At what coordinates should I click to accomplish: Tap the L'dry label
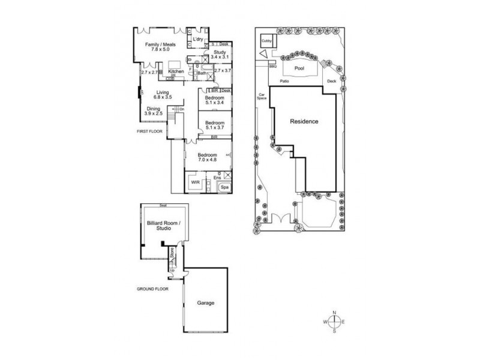pos(199,40)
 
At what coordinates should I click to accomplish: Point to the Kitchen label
pos(176,71)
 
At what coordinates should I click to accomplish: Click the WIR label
pos(195,182)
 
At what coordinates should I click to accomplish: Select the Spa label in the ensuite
pos(224,187)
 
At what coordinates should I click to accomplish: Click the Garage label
pos(206,303)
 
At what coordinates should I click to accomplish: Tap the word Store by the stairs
pos(172,254)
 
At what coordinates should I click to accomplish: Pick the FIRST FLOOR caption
pos(151,130)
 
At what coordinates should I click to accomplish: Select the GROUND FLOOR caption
pos(152,289)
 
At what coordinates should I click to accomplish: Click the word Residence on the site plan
pos(304,121)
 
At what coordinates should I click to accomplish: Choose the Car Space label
pos(262,96)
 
